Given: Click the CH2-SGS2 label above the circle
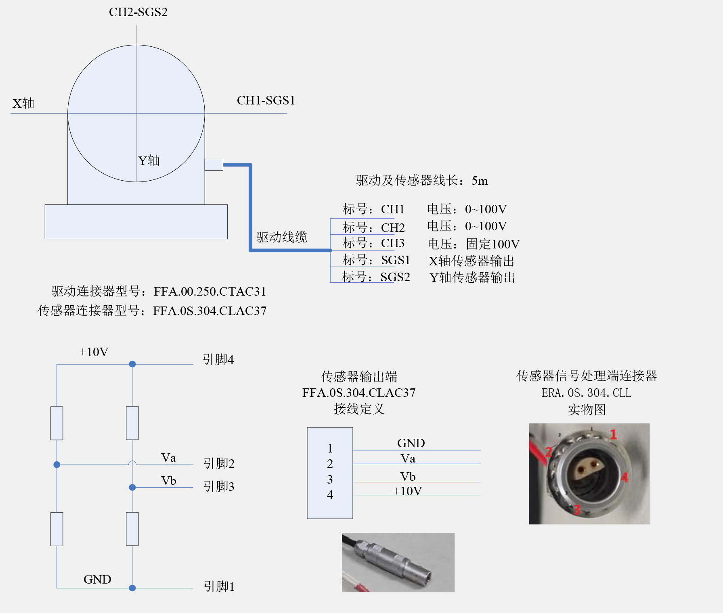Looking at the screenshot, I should (x=138, y=12).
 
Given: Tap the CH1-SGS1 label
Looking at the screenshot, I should (x=266, y=100).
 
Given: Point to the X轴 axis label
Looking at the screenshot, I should (x=23, y=104).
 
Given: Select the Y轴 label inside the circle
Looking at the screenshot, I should (x=149, y=161).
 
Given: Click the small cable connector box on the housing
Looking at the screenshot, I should (x=214, y=165).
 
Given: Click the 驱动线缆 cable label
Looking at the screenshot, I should (x=281, y=237).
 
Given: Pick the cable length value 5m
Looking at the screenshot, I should (x=480, y=181).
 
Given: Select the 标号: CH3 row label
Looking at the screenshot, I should (x=373, y=243).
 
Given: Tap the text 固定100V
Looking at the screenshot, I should (x=492, y=244).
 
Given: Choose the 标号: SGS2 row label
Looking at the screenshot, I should (x=375, y=277).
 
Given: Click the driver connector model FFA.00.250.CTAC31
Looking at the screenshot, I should (x=210, y=292).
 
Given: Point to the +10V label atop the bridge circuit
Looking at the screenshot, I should (x=94, y=352).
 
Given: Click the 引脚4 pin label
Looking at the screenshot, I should (x=218, y=359).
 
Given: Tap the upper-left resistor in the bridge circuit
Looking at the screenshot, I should (x=57, y=423).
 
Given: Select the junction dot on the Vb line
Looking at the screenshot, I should (x=132, y=487).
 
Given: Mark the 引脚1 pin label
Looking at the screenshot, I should (x=219, y=586).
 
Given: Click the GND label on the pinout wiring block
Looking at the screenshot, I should (x=411, y=443).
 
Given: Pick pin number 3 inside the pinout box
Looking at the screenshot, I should (x=330, y=480).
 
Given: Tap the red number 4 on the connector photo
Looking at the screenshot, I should (x=625, y=478).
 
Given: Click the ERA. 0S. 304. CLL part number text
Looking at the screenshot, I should (x=586, y=393).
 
